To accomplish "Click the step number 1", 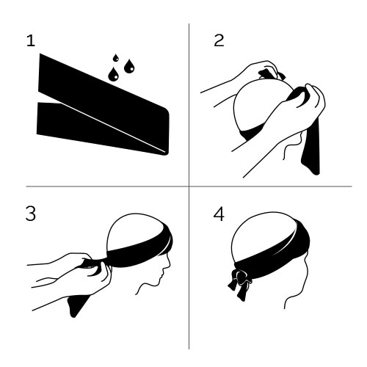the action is pyautogui.click(x=31, y=41).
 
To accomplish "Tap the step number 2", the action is pyautogui.click(x=219, y=40).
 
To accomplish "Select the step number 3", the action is pyautogui.click(x=31, y=214).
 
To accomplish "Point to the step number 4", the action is pyautogui.click(x=219, y=214).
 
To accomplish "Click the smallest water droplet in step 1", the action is pyautogui.click(x=116, y=58).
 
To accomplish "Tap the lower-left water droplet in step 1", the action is pyautogui.click(x=113, y=74).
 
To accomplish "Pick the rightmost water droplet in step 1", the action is pyautogui.click(x=129, y=66).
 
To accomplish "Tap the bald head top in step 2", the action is pyautogui.click(x=262, y=103).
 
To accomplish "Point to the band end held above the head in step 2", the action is pyautogui.click(x=272, y=74).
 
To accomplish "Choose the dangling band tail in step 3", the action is pyautogui.click(x=77, y=305).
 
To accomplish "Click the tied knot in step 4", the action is pyautogui.click(x=241, y=277).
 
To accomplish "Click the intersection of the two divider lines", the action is pyautogui.click(x=189, y=186).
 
